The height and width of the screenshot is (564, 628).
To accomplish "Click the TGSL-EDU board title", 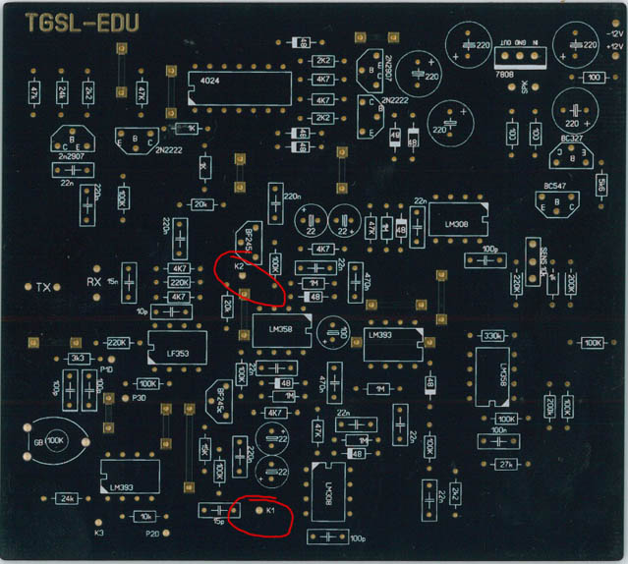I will [82, 23].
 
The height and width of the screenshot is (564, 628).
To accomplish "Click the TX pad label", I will [42, 288].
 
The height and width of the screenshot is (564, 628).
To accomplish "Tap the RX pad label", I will [94, 282].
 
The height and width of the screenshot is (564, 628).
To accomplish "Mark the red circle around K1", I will [259, 515].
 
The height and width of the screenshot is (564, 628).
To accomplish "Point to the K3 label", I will [98, 533].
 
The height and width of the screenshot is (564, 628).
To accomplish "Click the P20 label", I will [152, 533].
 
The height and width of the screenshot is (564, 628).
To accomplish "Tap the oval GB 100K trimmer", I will [53, 440].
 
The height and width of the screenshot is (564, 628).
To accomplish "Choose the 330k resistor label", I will [492, 336].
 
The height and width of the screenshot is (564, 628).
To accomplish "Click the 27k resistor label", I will [506, 464].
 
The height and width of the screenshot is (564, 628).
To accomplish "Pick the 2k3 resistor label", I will [78, 359].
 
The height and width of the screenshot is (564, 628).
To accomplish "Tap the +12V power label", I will [614, 46].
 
